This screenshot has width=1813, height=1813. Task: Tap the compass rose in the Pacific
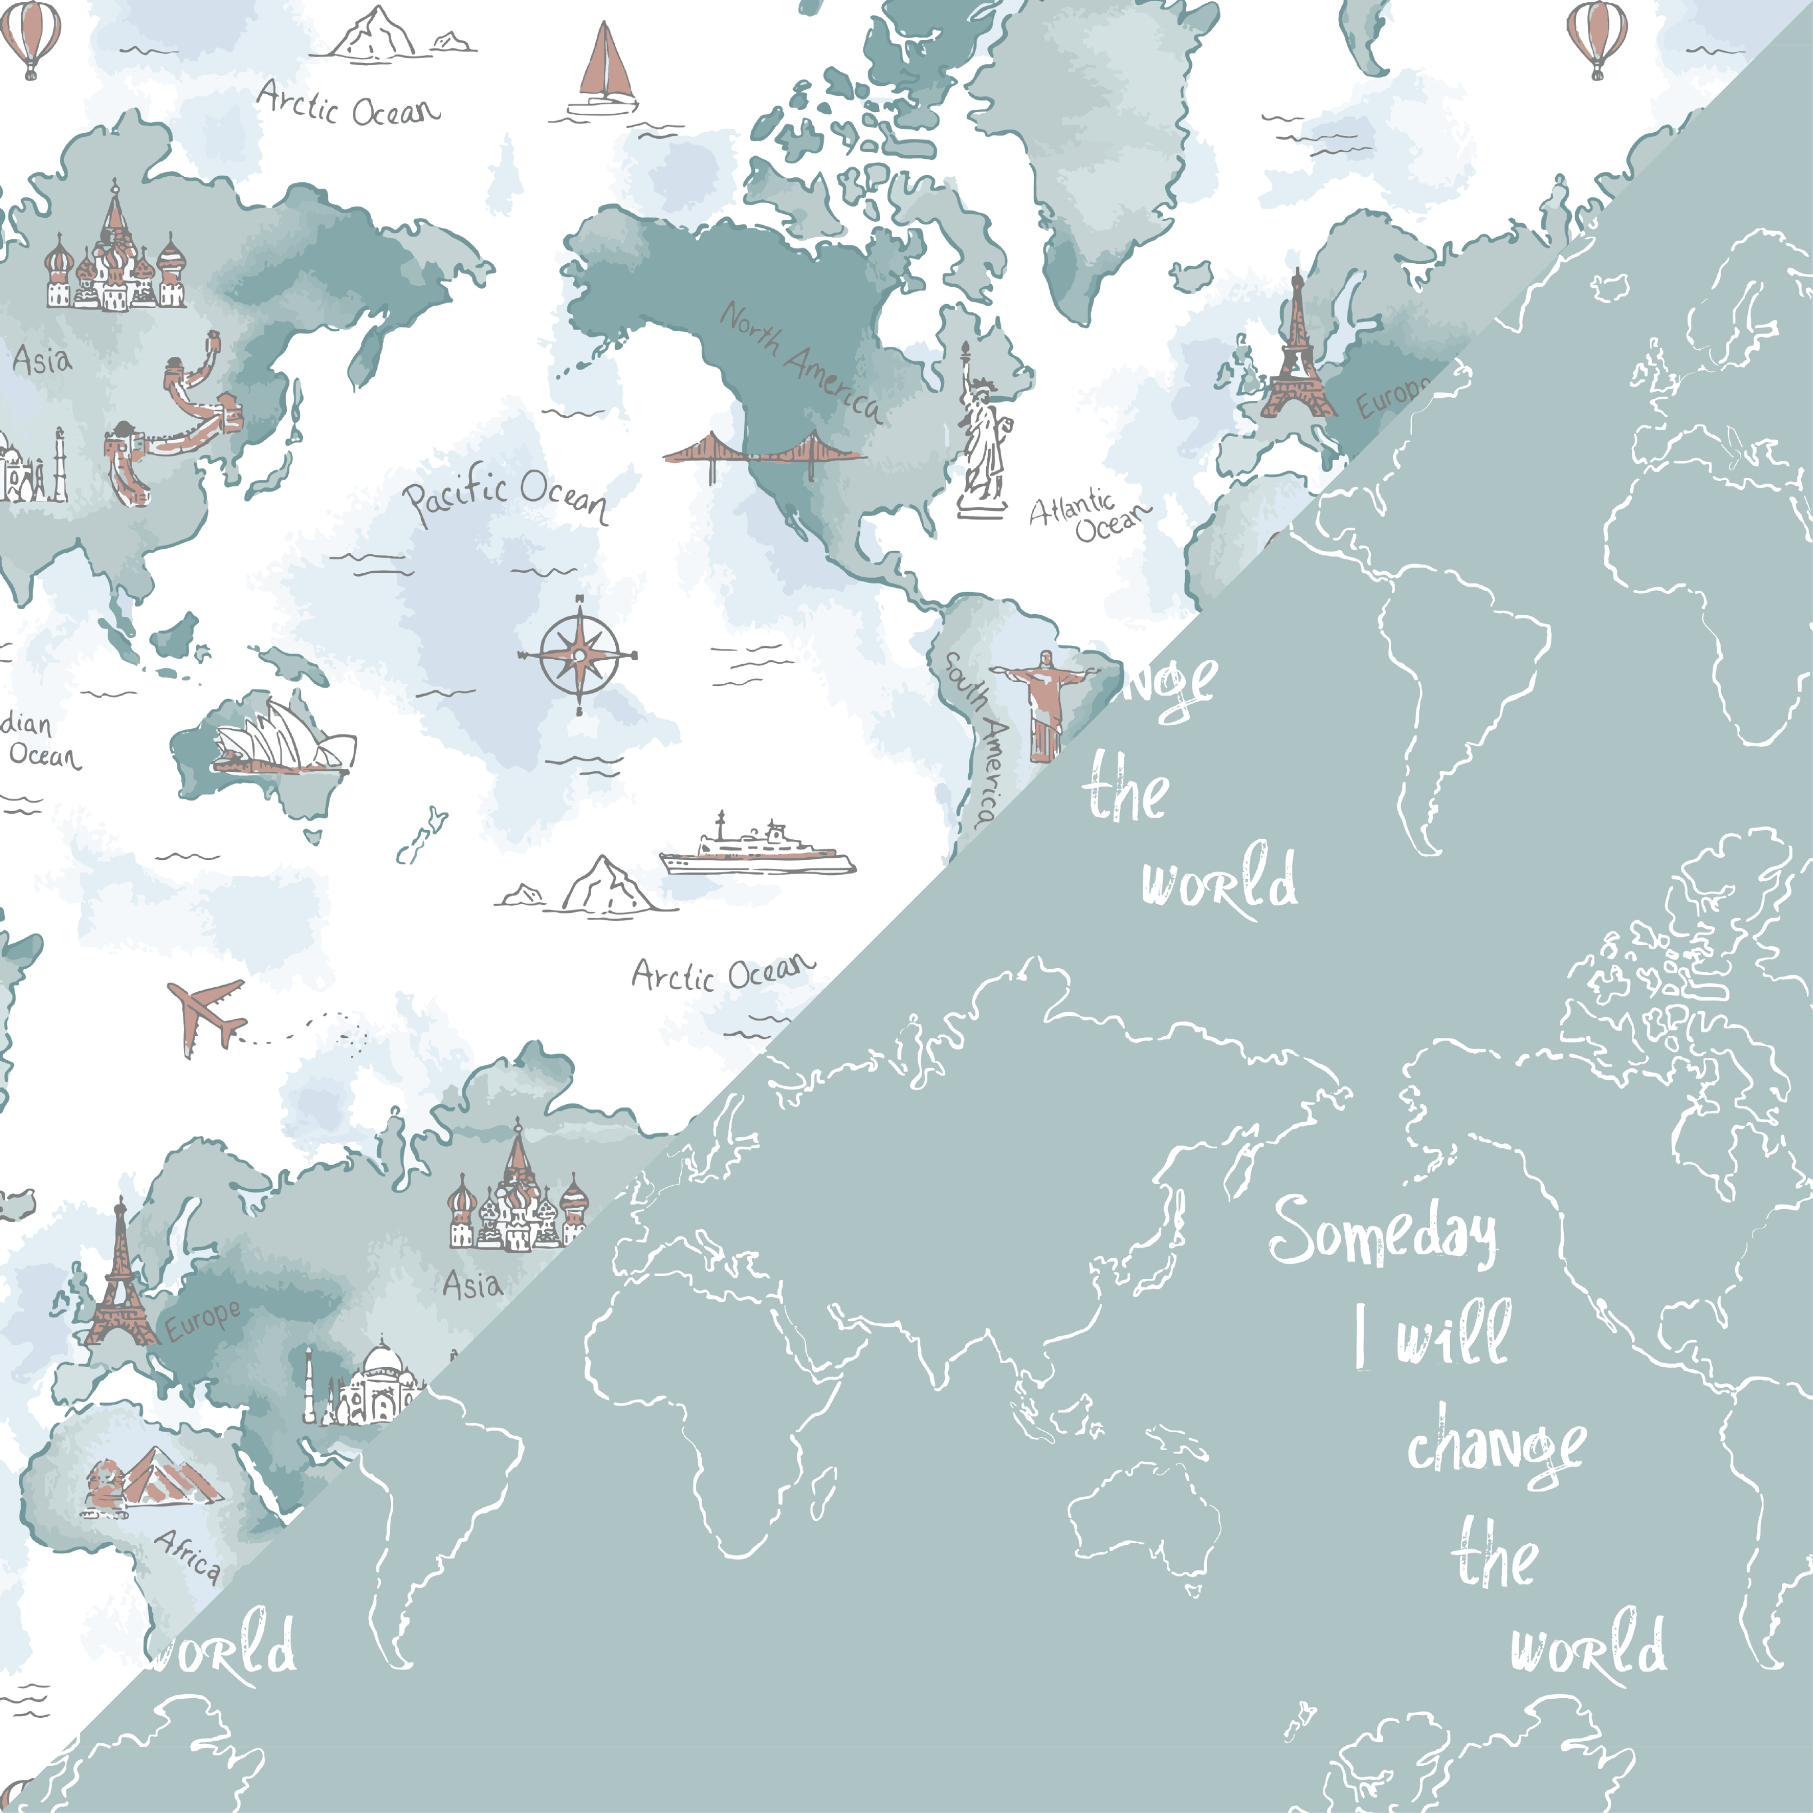point(579,654)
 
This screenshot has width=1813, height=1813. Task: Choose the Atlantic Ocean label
point(1088,516)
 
